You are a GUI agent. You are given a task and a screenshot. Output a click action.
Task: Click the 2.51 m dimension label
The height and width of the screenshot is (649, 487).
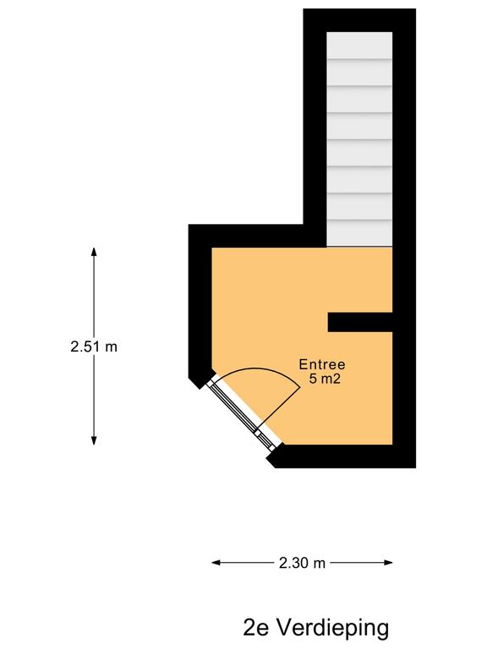pos(94,346)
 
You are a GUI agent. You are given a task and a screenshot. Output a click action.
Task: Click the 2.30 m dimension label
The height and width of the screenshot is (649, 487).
pos(302,563)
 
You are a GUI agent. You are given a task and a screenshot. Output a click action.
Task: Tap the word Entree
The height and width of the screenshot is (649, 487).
pos(322,365)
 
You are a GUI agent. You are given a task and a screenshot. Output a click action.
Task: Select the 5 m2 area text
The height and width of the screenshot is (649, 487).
pos(325,379)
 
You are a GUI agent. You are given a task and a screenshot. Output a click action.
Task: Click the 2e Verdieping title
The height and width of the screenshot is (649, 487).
pos(316,627)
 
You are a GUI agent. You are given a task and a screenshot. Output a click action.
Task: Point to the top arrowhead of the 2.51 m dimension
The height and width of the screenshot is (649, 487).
pos(94,251)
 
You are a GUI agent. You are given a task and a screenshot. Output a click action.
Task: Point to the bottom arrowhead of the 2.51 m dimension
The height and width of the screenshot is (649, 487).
pos(94,441)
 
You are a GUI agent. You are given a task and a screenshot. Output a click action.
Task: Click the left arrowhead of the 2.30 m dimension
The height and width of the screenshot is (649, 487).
pos(216,563)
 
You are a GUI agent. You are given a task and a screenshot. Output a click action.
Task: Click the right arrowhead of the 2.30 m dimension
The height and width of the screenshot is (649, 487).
pos(388,563)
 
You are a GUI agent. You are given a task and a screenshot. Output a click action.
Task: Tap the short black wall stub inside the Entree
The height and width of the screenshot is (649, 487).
pos(360,322)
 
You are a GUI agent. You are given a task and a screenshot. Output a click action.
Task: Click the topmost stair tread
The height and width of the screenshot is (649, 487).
pos(359,45)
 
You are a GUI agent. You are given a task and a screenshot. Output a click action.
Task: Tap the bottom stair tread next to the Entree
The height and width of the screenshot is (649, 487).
pos(359,233)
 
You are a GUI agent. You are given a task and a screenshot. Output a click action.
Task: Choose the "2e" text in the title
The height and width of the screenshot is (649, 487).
pos(256,627)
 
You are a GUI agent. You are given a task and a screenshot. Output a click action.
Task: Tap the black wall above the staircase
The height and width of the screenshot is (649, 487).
pos(359,20)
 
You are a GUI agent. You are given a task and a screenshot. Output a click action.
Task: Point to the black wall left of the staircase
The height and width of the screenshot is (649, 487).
pos(315,124)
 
